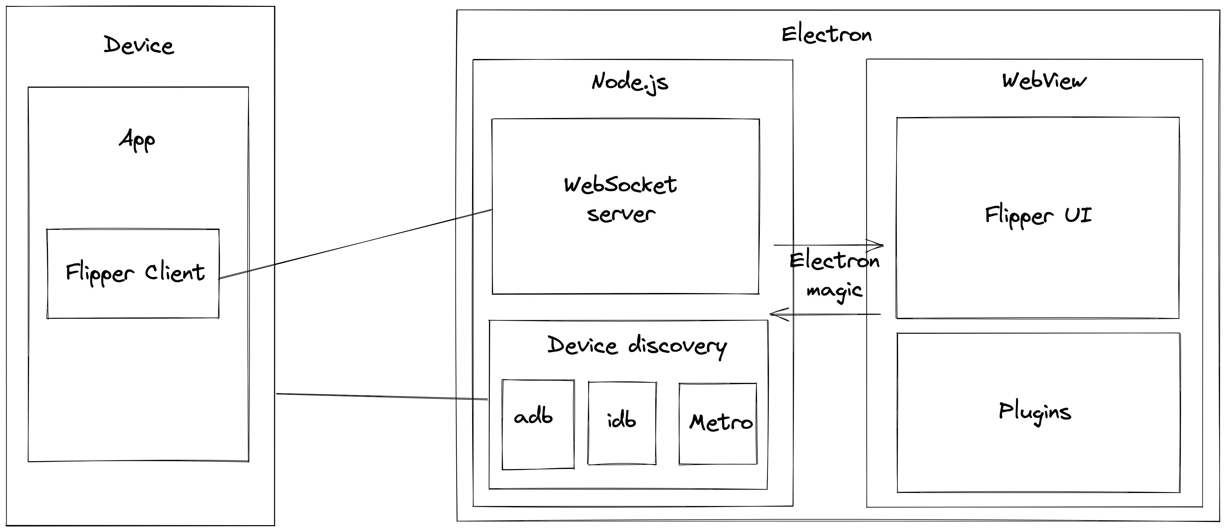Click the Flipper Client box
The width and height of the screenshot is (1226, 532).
133,274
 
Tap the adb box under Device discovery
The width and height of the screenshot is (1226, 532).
538,424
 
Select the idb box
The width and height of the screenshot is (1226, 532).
622,423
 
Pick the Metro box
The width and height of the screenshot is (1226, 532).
718,423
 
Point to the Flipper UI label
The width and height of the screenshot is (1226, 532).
1038,216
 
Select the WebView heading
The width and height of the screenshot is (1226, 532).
1044,81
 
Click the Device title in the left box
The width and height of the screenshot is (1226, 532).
139,46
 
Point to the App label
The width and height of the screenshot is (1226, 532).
137,140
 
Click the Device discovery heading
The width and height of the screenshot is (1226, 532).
637,346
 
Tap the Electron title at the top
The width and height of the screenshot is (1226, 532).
827,35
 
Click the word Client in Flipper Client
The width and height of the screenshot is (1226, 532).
175,273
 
